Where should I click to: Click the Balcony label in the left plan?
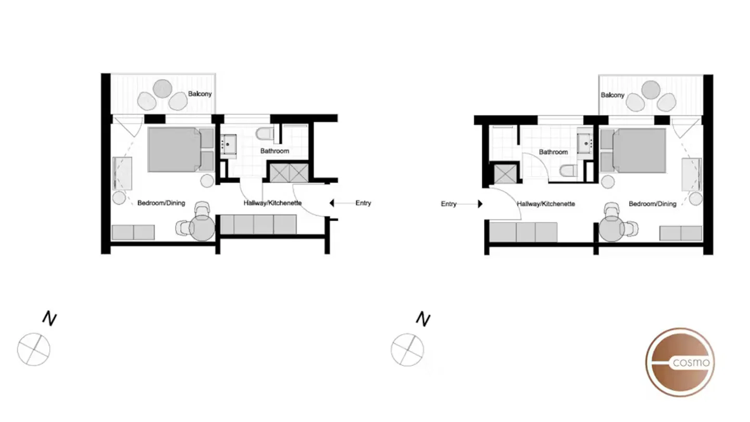point(200,94)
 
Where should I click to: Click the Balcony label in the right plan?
point(612,95)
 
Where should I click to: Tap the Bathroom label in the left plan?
point(274,151)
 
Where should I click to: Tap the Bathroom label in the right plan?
point(553,152)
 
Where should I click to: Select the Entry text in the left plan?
point(363,203)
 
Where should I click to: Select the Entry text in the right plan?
point(448,204)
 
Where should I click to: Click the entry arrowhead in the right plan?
point(480,204)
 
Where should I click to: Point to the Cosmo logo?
point(680,362)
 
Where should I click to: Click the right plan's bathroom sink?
point(586,143)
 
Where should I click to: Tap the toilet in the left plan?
point(264,134)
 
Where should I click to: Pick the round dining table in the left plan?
point(202,228)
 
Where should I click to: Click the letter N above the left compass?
point(49,318)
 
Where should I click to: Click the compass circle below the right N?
point(407,349)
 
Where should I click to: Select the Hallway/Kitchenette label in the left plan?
point(272,203)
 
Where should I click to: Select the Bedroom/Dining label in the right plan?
point(652,204)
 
